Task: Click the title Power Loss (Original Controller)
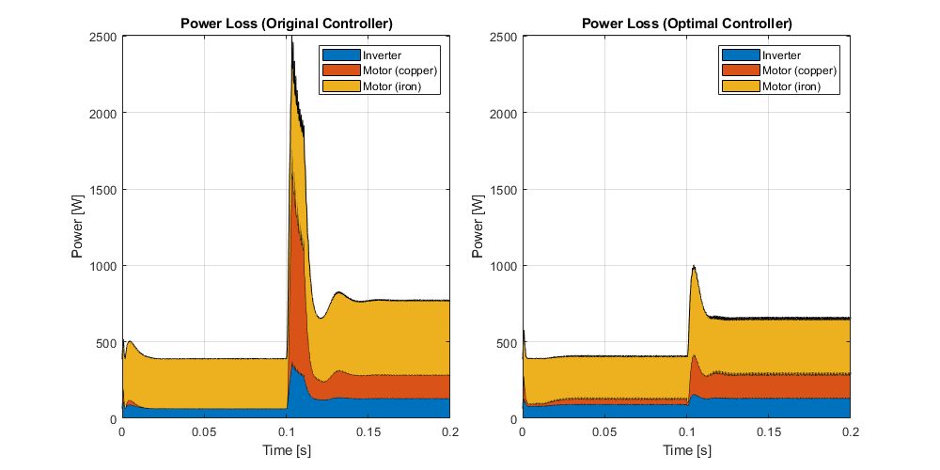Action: tap(286, 23)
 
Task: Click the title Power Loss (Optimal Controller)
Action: tap(686, 23)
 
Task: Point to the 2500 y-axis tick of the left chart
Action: tap(103, 37)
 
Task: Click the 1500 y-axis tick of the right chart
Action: tap(504, 190)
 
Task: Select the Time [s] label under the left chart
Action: tap(286, 450)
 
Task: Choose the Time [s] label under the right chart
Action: tap(686, 450)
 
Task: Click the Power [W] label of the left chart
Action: tap(78, 227)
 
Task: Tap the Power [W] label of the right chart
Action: tap(478, 227)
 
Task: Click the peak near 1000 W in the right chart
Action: tap(694, 266)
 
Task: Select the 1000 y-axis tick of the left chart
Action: tap(103, 266)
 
